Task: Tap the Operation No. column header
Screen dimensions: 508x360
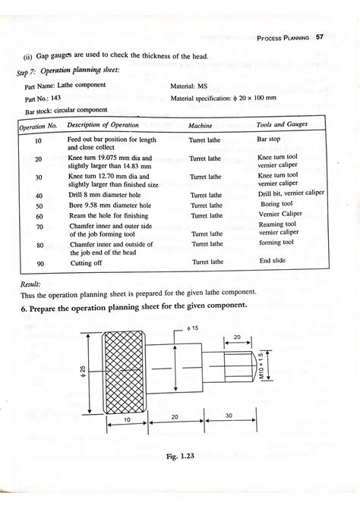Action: click(x=38, y=126)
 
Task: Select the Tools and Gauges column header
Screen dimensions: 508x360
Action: click(x=283, y=124)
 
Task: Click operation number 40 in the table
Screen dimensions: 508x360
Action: click(x=39, y=196)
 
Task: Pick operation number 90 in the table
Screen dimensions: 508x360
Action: click(x=39, y=262)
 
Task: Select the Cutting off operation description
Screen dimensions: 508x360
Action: click(x=86, y=262)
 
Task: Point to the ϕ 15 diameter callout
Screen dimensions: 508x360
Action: click(x=192, y=329)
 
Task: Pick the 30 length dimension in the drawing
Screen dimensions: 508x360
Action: click(x=228, y=417)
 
